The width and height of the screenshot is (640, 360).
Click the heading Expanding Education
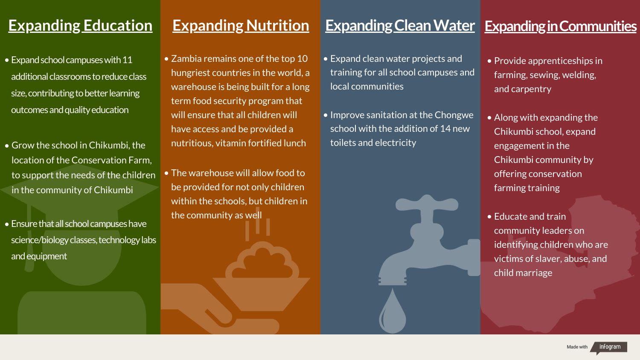(x=80, y=26)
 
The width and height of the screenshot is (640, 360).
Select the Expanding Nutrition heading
(x=241, y=26)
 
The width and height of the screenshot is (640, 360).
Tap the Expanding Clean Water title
(x=400, y=26)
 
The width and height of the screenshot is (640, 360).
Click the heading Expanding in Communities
(x=561, y=26)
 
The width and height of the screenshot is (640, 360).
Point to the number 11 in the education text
(x=127, y=60)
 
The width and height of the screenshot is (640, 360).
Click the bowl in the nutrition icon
(x=261, y=294)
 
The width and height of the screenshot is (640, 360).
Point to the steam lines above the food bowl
(x=258, y=224)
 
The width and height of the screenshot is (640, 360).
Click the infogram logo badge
(x=609, y=348)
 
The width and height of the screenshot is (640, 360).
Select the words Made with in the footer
(x=577, y=347)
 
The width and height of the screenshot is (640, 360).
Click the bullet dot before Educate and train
(x=489, y=217)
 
